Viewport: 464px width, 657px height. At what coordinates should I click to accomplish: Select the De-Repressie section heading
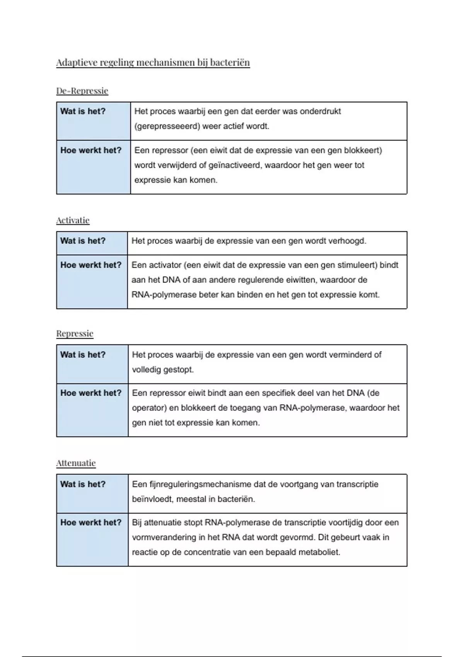(x=82, y=91)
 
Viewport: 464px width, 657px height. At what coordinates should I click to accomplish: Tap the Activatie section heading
(x=73, y=220)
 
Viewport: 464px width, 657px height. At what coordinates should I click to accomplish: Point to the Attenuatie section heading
(x=76, y=463)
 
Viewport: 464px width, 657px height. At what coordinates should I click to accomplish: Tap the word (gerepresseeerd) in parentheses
(x=167, y=126)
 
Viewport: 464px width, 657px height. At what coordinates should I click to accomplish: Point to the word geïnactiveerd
(x=234, y=165)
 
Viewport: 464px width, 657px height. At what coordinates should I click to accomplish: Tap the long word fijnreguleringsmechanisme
(x=199, y=484)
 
